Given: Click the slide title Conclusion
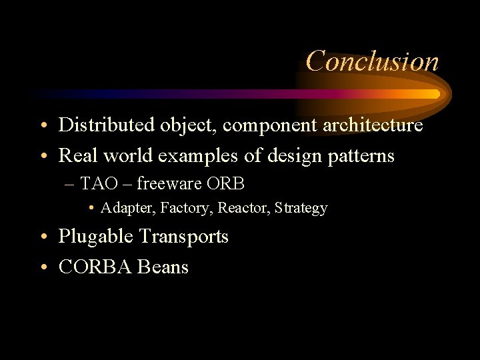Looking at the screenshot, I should pos(372,61).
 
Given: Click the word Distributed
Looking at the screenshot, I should pos(99,125).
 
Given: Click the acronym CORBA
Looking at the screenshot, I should pos(95,267).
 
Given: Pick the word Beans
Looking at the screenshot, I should pos(163,267).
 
